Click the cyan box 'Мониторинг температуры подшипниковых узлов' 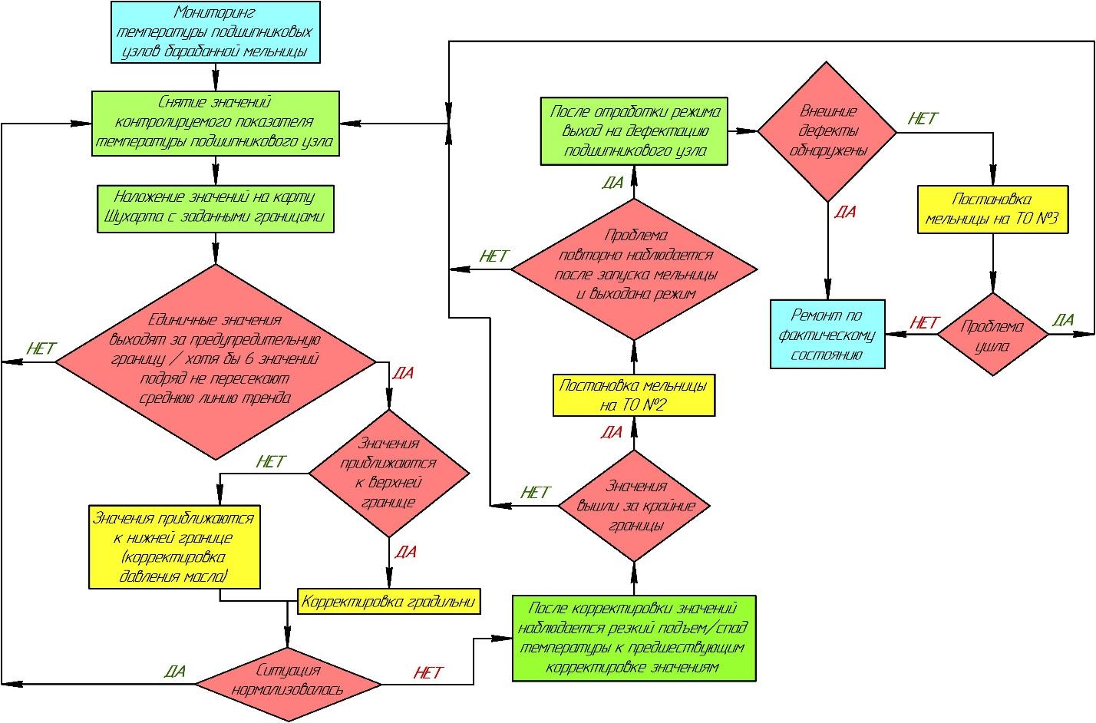point(216,32)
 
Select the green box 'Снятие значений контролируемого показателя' point(216,124)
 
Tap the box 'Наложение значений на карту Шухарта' point(216,209)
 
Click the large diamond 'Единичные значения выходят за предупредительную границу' point(216,362)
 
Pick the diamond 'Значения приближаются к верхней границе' point(389,473)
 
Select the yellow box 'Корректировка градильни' point(389,601)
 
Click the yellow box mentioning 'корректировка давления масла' point(174,547)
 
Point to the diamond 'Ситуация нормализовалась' point(288,684)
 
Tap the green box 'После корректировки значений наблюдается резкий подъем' point(634,638)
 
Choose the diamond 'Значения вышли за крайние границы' point(634,506)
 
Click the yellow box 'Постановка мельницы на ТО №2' point(634,395)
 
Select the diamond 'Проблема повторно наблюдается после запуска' point(634,269)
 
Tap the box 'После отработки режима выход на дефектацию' point(634,131)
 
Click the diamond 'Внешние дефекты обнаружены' point(827,131)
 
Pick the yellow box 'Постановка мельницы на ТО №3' point(992,210)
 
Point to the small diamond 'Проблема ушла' point(992,334)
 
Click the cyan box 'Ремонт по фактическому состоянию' point(827,334)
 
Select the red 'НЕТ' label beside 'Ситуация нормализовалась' point(428,672)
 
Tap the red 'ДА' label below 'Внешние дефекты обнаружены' point(845,212)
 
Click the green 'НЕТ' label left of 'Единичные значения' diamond point(41,348)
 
